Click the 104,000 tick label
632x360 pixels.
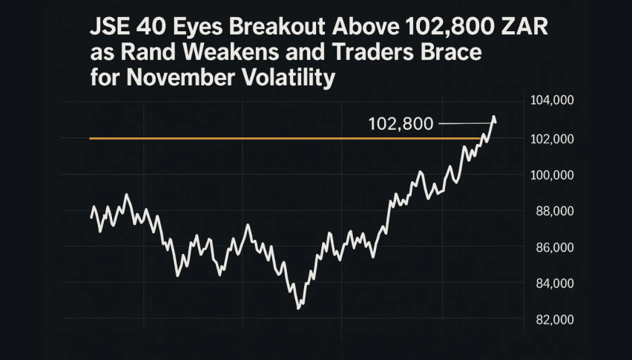tap(553, 101)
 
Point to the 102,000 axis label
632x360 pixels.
tap(553, 139)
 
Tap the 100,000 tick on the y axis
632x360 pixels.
tap(553, 175)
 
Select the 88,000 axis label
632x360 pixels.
tap(553, 212)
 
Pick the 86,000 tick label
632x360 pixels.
tap(553, 247)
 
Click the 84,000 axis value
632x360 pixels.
tap(553, 284)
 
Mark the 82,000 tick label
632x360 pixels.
tap(553, 320)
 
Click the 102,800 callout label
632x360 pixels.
tap(401, 124)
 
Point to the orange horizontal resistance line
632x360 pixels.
tap(282, 139)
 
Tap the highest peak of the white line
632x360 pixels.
tap(493, 117)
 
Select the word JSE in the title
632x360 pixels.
tap(109, 29)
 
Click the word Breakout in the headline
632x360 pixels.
tap(275, 29)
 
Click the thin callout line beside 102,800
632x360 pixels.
tap(464, 123)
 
